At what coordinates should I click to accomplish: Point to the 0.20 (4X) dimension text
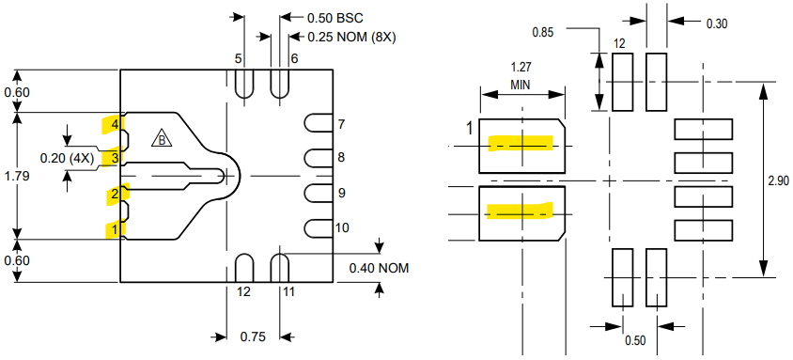click(x=67, y=158)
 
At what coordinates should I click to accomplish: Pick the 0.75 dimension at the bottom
click(x=251, y=337)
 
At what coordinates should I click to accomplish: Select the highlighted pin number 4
click(x=114, y=124)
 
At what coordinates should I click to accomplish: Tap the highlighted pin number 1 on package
click(x=114, y=228)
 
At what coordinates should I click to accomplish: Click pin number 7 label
click(x=341, y=124)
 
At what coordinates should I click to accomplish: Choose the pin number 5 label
click(x=239, y=58)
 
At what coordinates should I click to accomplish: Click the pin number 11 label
click(x=288, y=291)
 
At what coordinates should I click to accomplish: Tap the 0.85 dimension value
click(x=542, y=32)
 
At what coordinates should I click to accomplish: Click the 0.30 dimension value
click(x=717, y=23)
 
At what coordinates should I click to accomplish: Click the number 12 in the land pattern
click(x=619, y=43)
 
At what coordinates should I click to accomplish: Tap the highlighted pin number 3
click(x=114, y=158)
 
